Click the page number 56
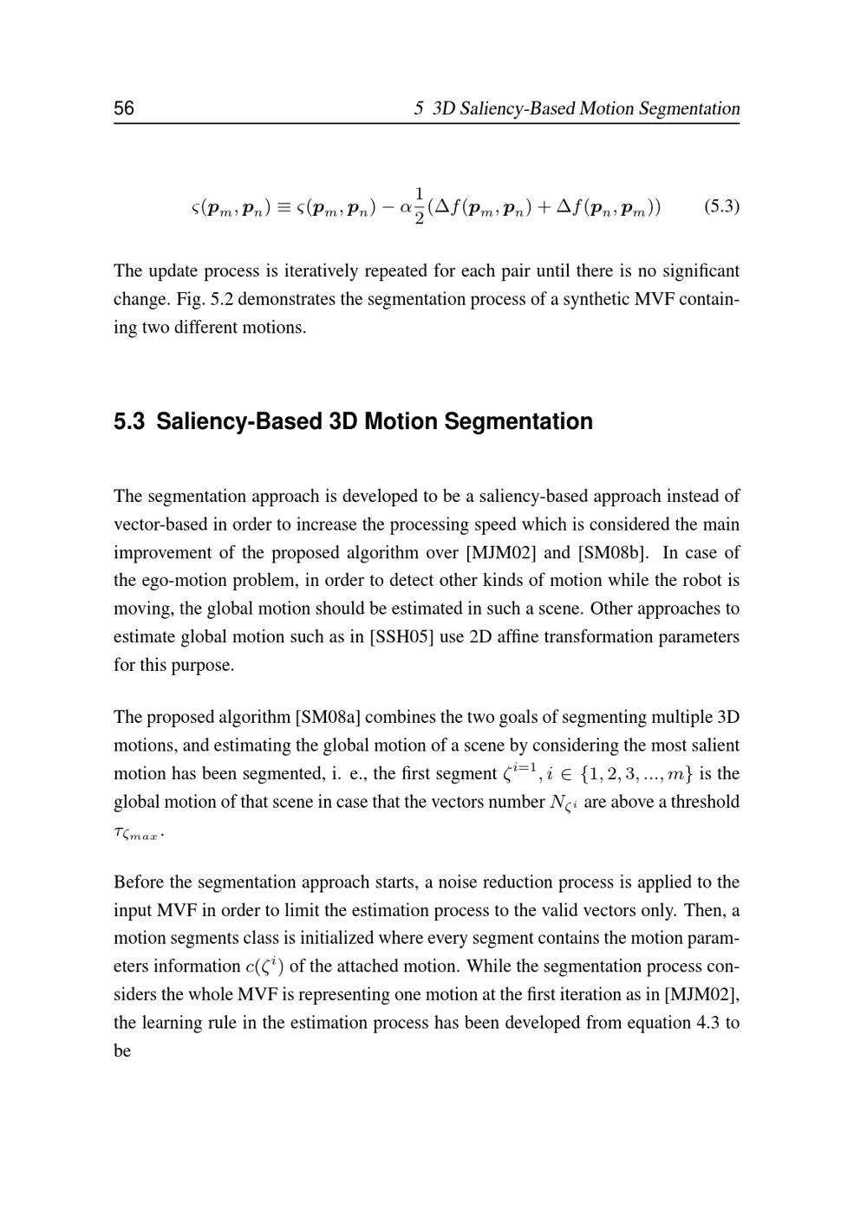[124, 108]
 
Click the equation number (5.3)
[721, 206]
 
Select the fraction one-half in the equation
[420, 206]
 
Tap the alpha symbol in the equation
[404, 208]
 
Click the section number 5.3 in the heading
[129, 422]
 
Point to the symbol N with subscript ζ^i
[564, 804]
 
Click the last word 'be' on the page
[122, 1051]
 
